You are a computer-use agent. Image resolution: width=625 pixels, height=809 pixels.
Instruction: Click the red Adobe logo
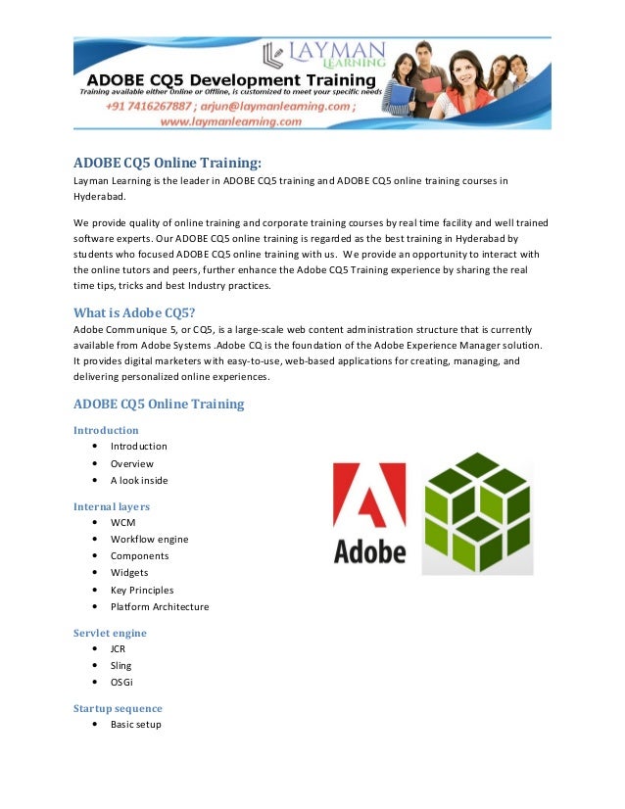369,512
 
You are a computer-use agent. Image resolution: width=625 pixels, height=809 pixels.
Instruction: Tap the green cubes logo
477,513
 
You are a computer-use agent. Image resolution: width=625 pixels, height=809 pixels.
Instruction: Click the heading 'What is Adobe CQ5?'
134,313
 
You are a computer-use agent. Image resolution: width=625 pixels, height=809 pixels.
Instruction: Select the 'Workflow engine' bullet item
149,539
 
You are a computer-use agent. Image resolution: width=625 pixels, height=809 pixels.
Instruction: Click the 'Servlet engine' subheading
110,633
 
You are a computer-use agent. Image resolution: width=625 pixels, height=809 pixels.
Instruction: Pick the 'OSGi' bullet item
121,682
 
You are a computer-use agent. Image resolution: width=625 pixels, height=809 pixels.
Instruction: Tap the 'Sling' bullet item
120,665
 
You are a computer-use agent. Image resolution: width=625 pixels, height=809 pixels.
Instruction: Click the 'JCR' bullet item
118,648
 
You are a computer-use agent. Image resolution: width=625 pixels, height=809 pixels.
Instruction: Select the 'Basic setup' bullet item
135,724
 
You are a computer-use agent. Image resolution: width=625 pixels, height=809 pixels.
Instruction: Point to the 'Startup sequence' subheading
118,708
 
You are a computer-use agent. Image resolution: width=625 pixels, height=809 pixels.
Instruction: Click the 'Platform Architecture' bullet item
159,606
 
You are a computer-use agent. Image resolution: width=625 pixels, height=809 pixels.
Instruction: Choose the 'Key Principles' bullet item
142,590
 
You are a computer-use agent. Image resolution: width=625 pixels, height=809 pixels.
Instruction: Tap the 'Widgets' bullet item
129,572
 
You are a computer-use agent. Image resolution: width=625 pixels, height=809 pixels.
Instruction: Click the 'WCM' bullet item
122,522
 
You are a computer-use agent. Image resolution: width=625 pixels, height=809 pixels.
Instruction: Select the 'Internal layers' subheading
111,506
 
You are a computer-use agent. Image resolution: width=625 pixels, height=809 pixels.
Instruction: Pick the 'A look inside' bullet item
139,480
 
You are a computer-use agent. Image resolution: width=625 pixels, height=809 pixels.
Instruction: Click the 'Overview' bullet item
131,463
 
